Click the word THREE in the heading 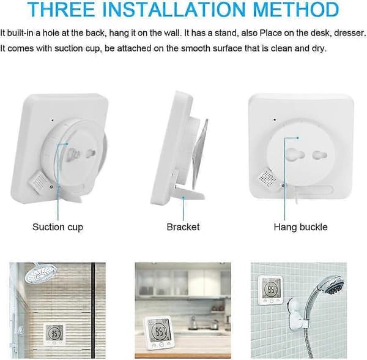pyautogui.click(x=61, y=9)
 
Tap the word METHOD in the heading pyautogui.click(x=296, y=9)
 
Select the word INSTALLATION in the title pyautogui.click(x=174, y=9)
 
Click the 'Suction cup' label pyautogui.click(x=58, y=227)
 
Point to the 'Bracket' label pyautogui.click(x=183, y=227)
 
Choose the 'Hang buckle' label pyautogui.click(x=301, y=227)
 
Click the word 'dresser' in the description pyautogui.click(x=349, y=33)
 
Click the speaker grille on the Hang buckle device pyautogui.click(x=267, y=179)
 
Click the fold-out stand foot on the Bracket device pyautogui.click(x=190, y=192)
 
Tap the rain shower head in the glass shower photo pyautogui.click(x=42, y=273)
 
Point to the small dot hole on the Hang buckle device pyautogui.click(x=275, y=119)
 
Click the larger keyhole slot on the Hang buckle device pyautogui.click(x=295, y=154)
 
